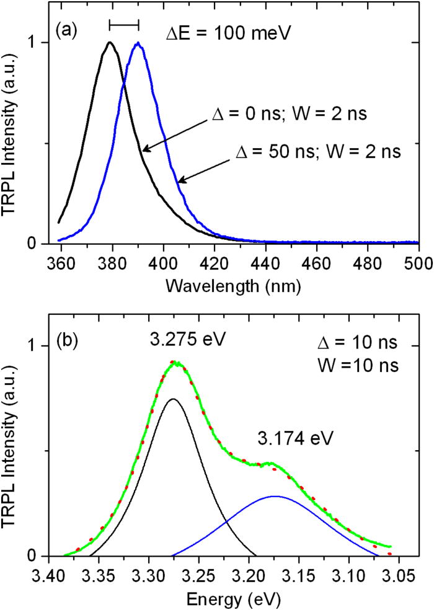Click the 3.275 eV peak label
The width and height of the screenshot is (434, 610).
182,341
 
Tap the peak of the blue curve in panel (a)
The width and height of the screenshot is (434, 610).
138,43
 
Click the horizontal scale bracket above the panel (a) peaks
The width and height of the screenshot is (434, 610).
124,24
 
